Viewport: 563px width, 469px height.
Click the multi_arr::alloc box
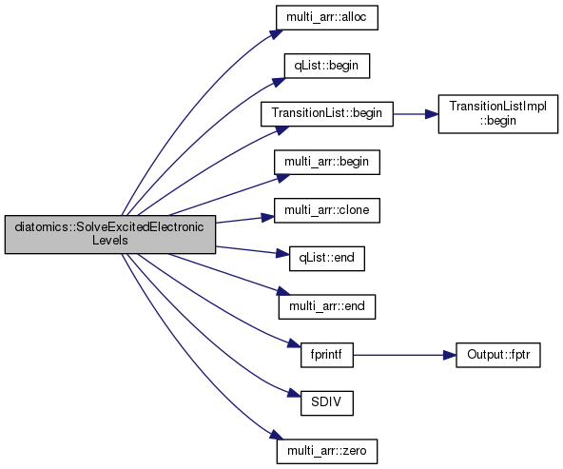pyautogui.click(x=327, y=17)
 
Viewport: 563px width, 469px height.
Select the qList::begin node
pyautogui.click(x=327, y=66)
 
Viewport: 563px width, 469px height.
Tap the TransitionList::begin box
pyautogui.click(x=327, y=114)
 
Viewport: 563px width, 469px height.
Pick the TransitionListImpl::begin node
pyautogui.click(x=498, y=114)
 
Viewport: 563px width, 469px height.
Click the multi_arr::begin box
pyautogui.click(x=327, y=162)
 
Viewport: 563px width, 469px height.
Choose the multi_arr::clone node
pyautogui.click(x=327, y=210)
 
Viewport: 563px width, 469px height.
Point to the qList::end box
pyautogui.click(x=327, y=258)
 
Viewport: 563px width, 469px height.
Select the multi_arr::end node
pyautogui.click(x=327, y=306)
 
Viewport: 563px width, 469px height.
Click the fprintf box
pyautogui.click(x=327, y=355)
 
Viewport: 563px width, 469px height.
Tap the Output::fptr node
pyautogui.click(x=498, y=355)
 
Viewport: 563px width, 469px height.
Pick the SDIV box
pyautogui.click(x=327, y=403)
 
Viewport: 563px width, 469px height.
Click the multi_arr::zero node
pyautogui.click(x=327, y=451)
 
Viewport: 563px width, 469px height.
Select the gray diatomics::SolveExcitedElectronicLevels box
pyautogui.click(x=110, y=234)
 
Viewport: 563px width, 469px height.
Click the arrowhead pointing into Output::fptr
pyautogui.click(x=450, y=355)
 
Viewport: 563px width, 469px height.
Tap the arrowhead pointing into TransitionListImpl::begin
pyautogui.click(x=432, y=114)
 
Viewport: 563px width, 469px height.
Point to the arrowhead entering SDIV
pyautogui.click(x=295, y=393)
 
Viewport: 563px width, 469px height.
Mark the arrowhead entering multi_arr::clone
pyautogui.click(x=268, y=217)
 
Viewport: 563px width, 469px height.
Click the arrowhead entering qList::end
pyautogui.click(x=283, y=253)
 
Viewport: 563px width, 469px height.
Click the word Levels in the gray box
pyautogui.click(x=110, y=241)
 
